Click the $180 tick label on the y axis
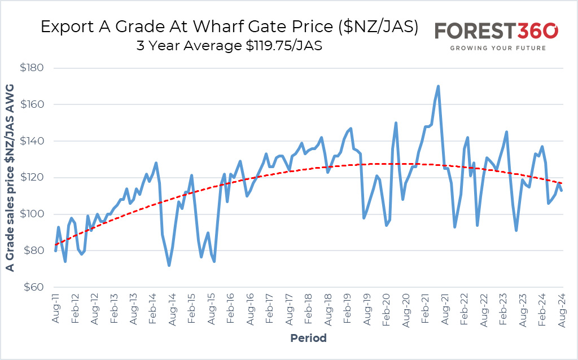[32, 68]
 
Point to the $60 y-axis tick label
[33, 287]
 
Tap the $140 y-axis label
[32, 141]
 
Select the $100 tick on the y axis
[32, 214]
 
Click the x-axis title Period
[309, 338]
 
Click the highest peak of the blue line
[438, 86]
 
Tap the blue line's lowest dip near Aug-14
[169, 265]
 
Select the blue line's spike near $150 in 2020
[396, 122]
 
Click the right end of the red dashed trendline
[562, 183]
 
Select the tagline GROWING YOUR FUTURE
[498, 48]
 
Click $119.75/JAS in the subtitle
[284, 46]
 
